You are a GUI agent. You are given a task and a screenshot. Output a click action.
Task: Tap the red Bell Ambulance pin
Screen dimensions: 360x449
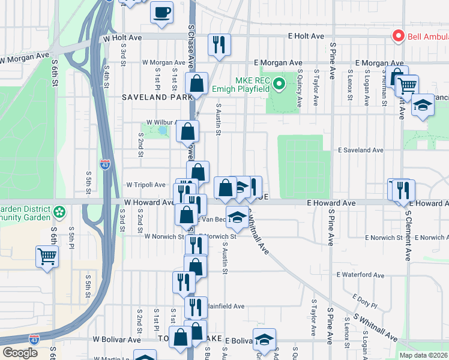click(x=397, y=37)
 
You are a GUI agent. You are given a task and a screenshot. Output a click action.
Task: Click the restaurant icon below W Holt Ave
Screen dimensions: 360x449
click(x=218, y=45)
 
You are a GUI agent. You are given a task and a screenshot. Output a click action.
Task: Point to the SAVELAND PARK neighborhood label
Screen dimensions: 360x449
click(x=151, y=97)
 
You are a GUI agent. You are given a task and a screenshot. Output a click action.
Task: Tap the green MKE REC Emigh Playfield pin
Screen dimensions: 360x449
click(x=279, y=84)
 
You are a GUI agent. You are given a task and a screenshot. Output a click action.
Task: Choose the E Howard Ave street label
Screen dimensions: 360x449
click(x=331, y=203)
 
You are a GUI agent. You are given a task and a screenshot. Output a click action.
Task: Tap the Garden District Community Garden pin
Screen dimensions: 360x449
click(x=59, y=212)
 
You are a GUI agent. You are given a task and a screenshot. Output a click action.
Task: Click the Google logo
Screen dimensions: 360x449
click(x=21, y=353)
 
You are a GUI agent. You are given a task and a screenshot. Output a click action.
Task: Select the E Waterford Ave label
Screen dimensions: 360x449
click(x=360, y=275)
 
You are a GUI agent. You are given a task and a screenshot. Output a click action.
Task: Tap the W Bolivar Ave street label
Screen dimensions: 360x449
click(x=116, y=339)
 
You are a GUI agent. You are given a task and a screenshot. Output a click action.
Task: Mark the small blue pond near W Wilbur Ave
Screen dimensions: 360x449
click(x=162, y=130)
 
